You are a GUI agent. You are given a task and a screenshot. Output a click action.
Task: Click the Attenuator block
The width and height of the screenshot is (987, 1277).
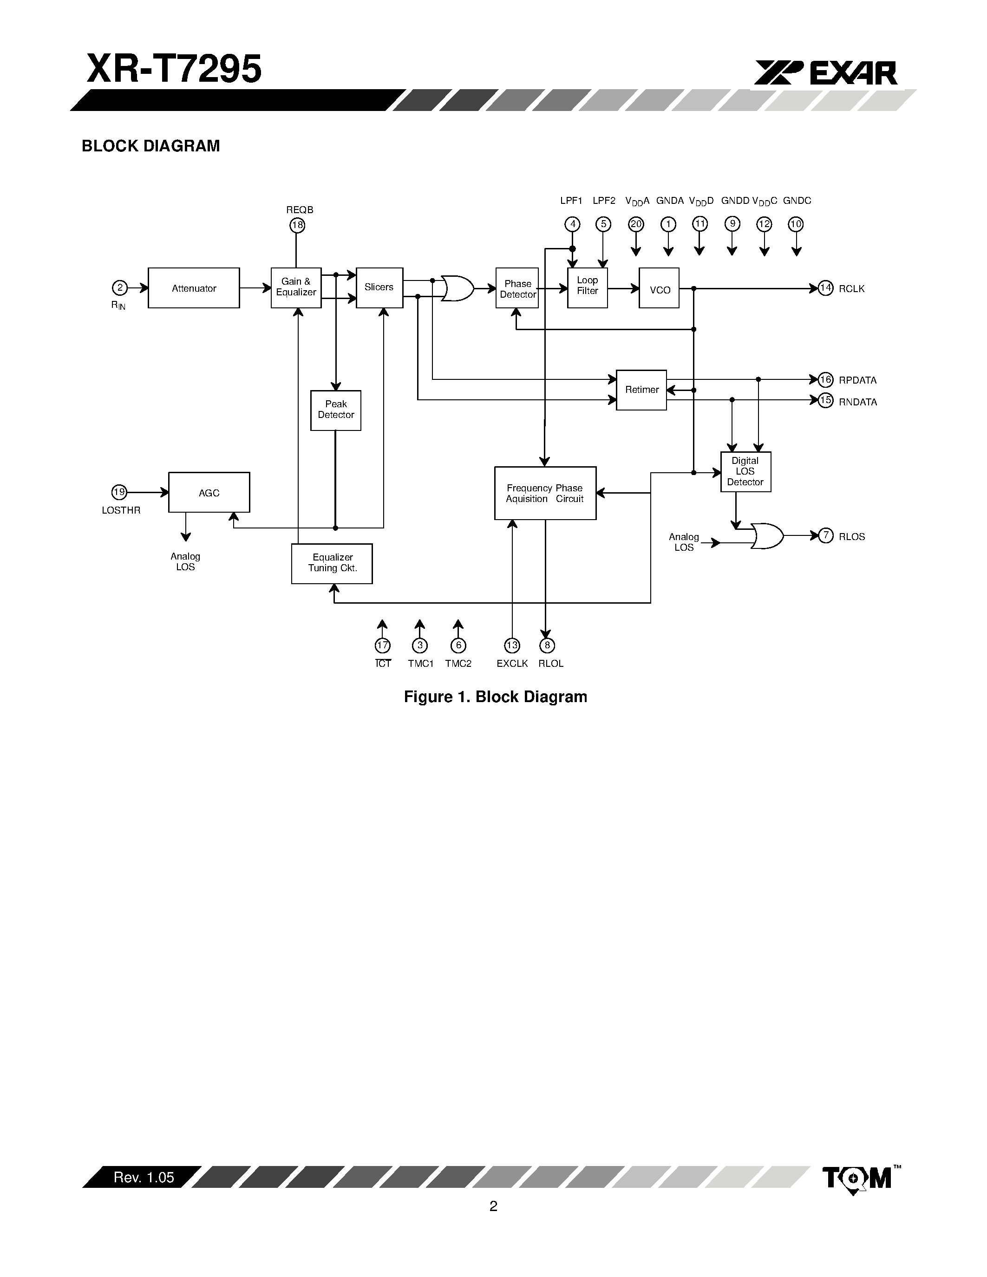click(194, 288)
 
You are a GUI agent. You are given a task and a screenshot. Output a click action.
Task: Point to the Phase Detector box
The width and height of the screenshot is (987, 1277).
click(517, 288)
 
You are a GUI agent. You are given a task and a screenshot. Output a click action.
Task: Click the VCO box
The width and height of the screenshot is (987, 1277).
click(659, 288)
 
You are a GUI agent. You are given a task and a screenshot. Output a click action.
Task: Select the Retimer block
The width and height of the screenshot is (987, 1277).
click(641, 390)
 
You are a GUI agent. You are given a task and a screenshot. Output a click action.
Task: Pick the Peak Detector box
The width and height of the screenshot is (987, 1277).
click(336, 410)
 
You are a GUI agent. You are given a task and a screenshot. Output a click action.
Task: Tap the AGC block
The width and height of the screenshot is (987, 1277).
click(209, 492)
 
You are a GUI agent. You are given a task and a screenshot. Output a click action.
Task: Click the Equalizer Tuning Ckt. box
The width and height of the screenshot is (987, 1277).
click(332, 564)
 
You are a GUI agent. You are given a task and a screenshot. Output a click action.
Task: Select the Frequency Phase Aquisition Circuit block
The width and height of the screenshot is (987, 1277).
click(545, 493)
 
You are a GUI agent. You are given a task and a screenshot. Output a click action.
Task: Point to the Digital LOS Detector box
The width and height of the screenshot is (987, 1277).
click(745, 472)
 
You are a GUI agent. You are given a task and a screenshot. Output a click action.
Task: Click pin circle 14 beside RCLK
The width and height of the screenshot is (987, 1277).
click(825, 288)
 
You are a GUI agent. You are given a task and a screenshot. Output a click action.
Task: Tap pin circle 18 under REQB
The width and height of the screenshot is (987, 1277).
click(297, 225)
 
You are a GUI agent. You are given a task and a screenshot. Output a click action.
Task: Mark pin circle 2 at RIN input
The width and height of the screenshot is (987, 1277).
click(119, 288)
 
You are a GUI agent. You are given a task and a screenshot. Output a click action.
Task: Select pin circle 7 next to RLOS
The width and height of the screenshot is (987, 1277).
click(825, 535)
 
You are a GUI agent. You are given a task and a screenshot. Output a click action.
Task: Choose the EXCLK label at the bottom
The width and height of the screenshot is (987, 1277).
click(512, 664)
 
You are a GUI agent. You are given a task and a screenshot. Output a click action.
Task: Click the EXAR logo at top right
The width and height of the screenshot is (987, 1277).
click(826, 74)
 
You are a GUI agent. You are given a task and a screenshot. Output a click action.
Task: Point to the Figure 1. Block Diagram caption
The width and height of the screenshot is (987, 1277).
click(495, 697)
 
